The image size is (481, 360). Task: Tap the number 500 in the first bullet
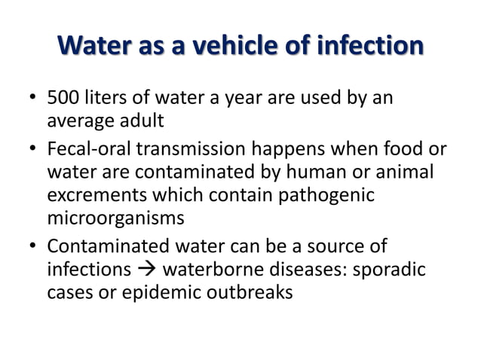pyautogui.click(x=63, y=99)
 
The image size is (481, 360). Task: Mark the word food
pyautogui.click(x=404, y=151)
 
